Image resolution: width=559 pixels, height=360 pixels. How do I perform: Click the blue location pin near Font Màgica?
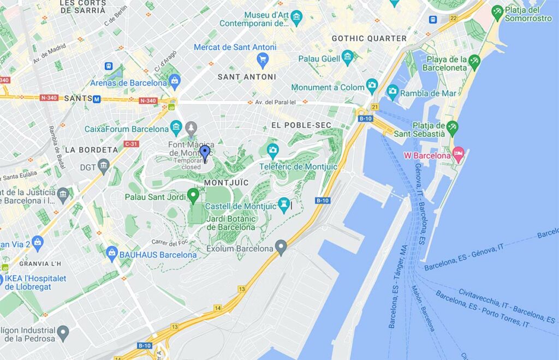pyautogui.click(x=205, y=152)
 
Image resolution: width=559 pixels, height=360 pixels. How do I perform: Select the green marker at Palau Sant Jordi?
pyautogui.click(x=193, y=195)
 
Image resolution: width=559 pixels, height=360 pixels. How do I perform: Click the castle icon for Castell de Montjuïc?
pyautogui.click(x=283, y=205)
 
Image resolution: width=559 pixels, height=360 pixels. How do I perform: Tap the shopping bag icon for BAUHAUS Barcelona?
pyautogui.click(x=112, y=253)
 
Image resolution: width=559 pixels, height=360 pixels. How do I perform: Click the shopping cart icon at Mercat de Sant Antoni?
pyautogui.click(x=263, y=59)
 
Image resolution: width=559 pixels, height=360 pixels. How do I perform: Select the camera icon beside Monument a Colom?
pyautogui.click(x=372, y=85)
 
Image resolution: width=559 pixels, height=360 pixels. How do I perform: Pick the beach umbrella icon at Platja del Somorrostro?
pyautogui.click(x=497, y=11)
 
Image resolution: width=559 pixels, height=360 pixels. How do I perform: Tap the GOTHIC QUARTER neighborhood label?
pyautogui.click(x=369, y=38)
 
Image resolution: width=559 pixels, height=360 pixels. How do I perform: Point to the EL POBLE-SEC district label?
pyautogui.click(x=301, y=125)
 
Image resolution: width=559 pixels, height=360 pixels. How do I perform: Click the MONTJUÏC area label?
pyautogui.click(x=226, y=182)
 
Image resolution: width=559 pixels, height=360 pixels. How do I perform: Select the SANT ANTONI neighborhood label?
pyautogui.click(x=247, y=77)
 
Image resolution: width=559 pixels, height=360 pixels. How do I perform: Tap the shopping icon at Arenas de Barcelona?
pyautogui.click(x=175, y=81)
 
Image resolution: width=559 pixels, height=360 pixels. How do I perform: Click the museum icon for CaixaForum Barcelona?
pyautogui.click(x=176, y=129)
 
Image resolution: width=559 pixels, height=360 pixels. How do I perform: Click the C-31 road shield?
pyautogui.click(x=131, y=144)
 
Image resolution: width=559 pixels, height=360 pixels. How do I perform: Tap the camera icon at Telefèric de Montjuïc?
pyautogui.click(x=272, y=149)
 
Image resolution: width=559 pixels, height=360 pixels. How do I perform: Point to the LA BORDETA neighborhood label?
pyautogui.click(x=91, y=149)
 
